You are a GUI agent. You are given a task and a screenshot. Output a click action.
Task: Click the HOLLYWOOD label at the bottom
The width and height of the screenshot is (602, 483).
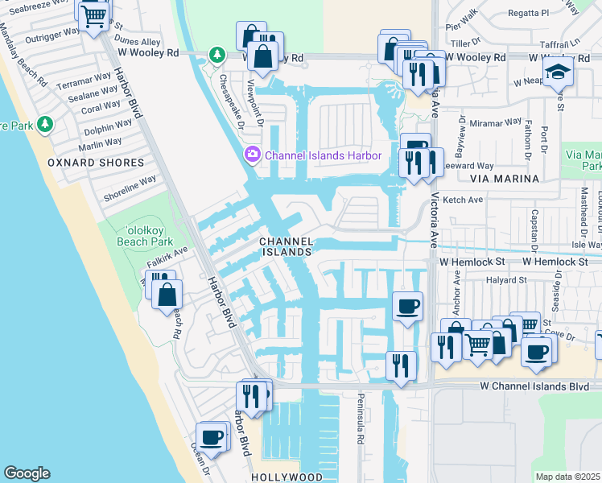tap(287, 477)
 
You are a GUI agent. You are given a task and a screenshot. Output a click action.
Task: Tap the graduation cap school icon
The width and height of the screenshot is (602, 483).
tap(558, 72)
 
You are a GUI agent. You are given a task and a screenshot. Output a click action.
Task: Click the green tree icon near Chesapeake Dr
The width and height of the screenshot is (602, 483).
tap(216, 56)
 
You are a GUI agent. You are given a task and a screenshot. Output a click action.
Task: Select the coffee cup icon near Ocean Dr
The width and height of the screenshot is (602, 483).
tap(212, 438)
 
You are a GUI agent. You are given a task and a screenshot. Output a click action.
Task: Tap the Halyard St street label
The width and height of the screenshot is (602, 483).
tap(505, 280)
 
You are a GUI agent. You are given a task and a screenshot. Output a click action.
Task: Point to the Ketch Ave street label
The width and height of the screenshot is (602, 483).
tap(463, 200)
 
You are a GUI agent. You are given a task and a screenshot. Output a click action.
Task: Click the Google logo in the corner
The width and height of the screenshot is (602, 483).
tap(27, 473)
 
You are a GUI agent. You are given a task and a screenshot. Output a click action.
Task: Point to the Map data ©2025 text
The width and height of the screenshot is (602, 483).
tap(568, 477)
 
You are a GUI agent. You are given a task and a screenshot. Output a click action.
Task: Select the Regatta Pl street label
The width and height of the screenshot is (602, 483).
tap(533, 13)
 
